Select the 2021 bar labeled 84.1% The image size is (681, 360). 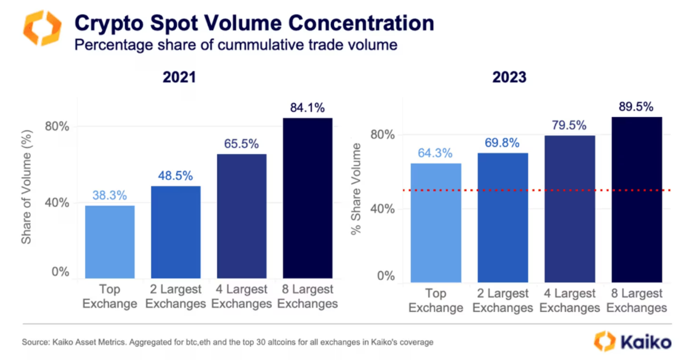[x=308, y=200]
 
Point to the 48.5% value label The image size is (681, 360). [x=176, y=176]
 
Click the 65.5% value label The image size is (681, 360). [x=241, y=144]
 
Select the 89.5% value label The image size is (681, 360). [x=636, y=107]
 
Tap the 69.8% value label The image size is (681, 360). [x=502, y=143]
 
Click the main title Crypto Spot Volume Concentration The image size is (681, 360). [x=254, y=24]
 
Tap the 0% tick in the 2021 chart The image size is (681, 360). [x=60, y=272]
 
